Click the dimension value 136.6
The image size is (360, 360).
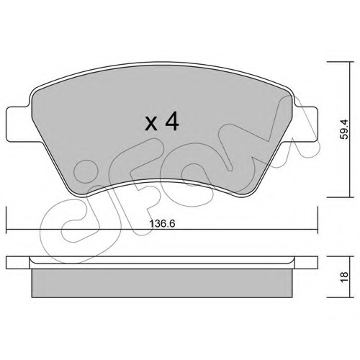(x=162, y=224)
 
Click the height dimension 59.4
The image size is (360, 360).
(x=346, y=130)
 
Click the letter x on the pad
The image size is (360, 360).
(x=151, y=125)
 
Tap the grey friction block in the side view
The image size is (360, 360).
(x=162, y=283)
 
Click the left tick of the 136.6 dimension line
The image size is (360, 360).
(x=6, y=220)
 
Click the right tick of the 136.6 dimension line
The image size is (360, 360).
(x=318, y=220)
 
